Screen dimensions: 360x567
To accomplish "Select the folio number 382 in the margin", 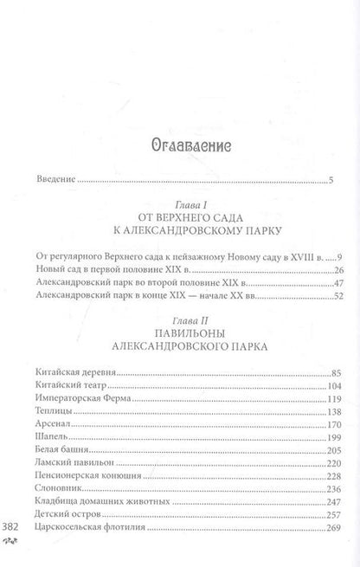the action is click(x=12, y=527).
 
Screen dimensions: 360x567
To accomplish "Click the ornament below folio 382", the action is click(x=12, y=542).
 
